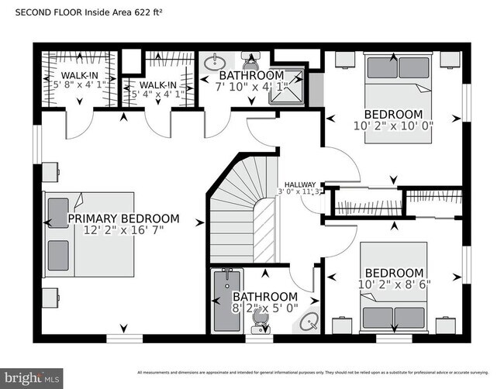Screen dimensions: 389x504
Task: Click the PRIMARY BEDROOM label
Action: pyautogui.click(x=123, y=219)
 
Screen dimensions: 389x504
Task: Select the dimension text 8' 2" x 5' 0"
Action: pyautogui.click(x=265, y=309)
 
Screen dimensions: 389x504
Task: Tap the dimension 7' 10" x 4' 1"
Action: pyautogui.click(x=252, y=88)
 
